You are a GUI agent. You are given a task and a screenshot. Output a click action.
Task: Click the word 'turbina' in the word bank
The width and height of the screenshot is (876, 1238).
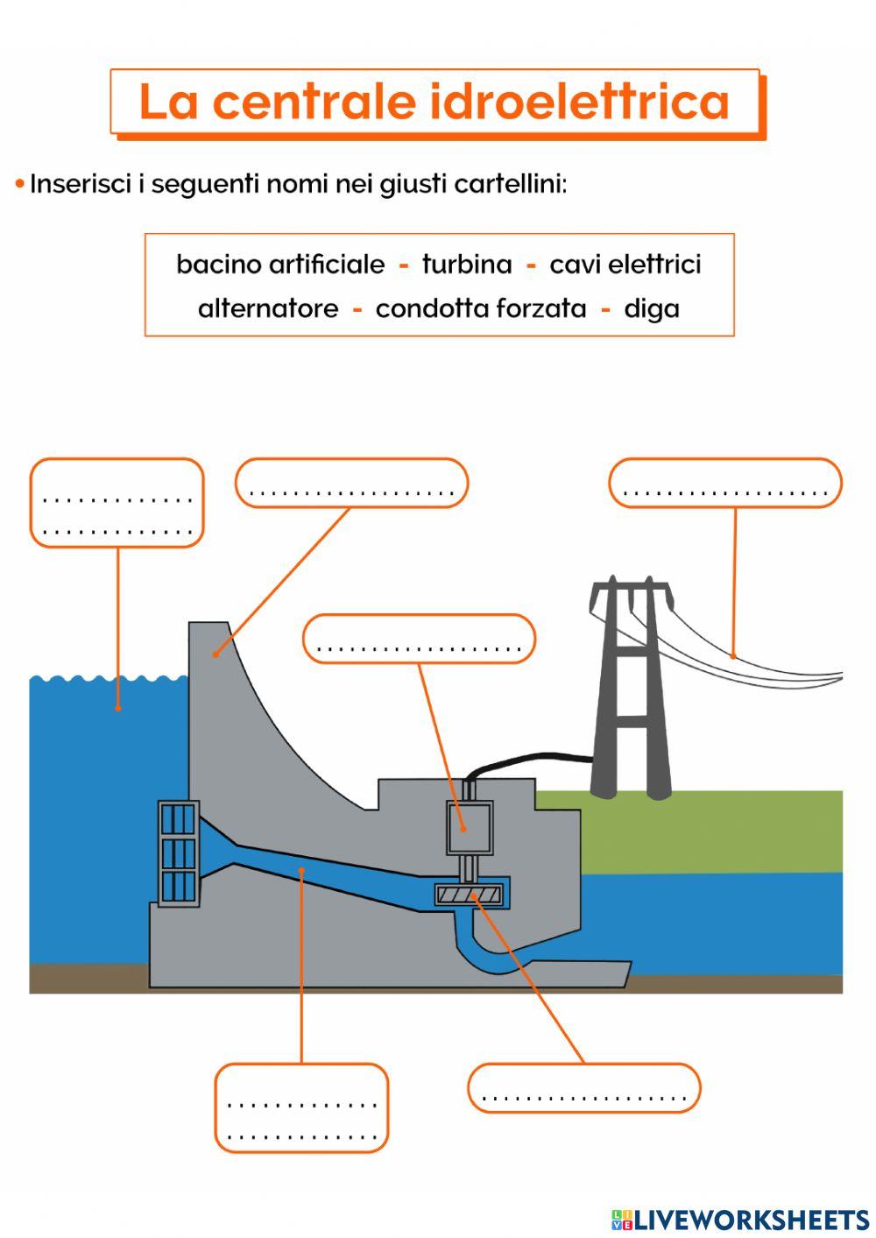[467, 265]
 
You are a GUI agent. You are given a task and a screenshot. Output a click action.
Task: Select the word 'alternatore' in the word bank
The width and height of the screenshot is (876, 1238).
[268, 309]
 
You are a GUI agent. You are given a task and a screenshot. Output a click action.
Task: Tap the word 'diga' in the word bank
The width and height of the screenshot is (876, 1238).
[652, 309]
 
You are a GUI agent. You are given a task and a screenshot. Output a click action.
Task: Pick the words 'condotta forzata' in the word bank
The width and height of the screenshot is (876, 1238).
[481, 309]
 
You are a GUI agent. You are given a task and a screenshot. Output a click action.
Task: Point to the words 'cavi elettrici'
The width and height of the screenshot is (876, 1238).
[625, 265]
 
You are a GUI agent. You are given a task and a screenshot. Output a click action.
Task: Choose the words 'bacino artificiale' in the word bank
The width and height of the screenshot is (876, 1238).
[280, 265]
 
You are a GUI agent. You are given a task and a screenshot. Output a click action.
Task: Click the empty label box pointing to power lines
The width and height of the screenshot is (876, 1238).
[725, 483]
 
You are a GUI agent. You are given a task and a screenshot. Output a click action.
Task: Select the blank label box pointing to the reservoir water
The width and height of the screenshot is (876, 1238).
[117, 503]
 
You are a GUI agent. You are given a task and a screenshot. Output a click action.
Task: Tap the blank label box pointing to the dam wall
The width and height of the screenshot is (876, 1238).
[351, 483]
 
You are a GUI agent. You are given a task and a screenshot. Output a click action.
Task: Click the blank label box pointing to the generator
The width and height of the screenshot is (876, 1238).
[419, 639]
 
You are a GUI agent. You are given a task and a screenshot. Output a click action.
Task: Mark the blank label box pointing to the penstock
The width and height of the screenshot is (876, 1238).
[301, 1107]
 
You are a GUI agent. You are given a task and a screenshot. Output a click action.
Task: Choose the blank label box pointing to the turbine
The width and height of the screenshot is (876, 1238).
[584, 1088]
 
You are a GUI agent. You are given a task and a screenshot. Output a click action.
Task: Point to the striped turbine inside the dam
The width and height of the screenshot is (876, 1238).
[470, 895]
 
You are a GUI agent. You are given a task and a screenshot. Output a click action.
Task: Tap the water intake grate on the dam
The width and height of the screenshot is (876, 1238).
[178, 853]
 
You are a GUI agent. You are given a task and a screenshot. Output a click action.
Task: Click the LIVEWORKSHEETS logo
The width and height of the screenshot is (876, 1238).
[740, 1219]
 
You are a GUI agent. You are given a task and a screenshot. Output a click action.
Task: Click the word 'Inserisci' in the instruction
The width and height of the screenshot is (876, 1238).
[81, 185]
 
